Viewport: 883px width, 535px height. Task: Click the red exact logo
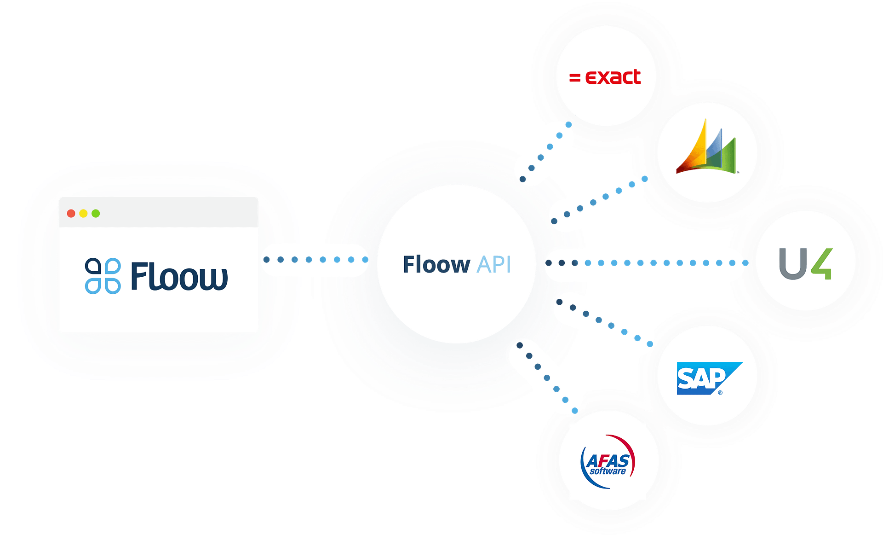click(605, 77)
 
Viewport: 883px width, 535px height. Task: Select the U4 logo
click(805, 263)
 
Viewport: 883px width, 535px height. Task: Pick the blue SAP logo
click(708, 378)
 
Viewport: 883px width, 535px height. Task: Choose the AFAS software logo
click(608, 462)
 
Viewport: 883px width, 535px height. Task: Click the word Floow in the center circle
click(436, 265)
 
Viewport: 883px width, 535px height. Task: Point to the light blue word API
click(494, 265)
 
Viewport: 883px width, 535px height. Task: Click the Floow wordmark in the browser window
click(179, 276)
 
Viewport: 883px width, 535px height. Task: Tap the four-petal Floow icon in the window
click(103, 276)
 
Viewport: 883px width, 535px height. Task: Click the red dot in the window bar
click(71, 213)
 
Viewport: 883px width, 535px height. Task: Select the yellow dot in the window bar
click(83, 213)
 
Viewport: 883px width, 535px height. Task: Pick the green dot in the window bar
click(96, 213)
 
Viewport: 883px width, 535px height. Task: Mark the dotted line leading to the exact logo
click(545, 152)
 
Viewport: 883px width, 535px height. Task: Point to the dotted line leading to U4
click(647, 263)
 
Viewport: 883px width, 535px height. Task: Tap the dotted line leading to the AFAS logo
click(547, 378)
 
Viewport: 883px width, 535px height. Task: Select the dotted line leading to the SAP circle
click(604, 322)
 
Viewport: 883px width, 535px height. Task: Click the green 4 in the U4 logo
click(822, 263)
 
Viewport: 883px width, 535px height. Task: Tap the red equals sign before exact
click(574, 78)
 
